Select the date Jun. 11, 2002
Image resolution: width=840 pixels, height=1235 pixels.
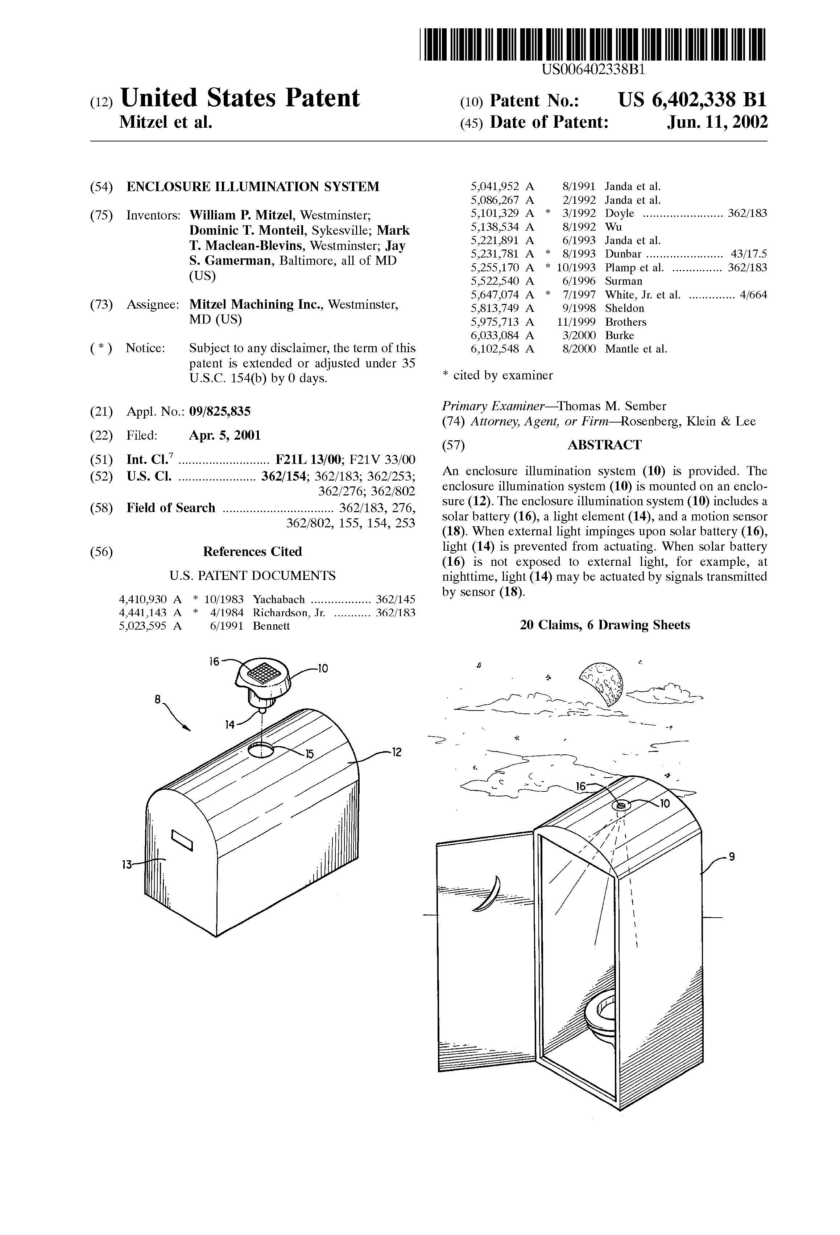pyautogui.click(x=717, y=123)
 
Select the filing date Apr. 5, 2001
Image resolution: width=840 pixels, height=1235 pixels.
pyautogui.click(x=225, y=436)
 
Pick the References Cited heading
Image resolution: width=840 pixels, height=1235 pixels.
pyautogui.click(x=252, y=552)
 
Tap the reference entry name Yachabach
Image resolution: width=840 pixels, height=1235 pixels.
pyautogui.click(x=279, y=600)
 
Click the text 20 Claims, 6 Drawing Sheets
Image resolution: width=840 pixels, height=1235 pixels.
pyautogui.click(x=605, y=625)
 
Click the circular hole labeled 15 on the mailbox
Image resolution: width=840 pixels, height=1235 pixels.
pyautogui.click(x=260, y=750)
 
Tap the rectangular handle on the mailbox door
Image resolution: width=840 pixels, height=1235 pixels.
pyautogui.click(x=182, y=840)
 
